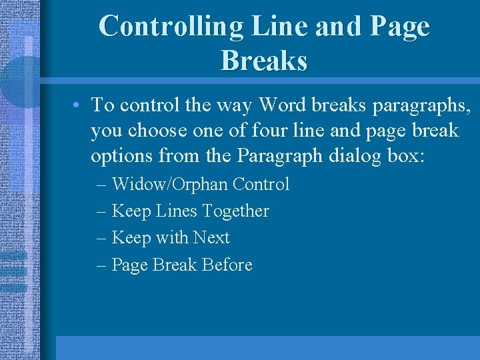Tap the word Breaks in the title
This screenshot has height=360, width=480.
(264, 61)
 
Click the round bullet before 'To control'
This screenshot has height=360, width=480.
(78, 105)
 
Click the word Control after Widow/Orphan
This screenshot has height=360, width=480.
(261, 184)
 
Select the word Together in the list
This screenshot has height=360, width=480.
(235, 211)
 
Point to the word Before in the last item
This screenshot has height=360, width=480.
(227, 265)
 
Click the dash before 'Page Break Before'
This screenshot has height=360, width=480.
(102, 265)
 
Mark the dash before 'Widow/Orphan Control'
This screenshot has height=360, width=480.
(102, 185)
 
